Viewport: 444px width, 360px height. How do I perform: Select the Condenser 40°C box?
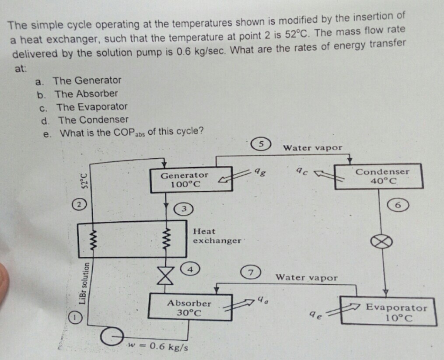point(379,176)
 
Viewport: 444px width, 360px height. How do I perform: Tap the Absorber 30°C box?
point(190,308)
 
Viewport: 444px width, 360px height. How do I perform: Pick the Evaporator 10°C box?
point(389,312)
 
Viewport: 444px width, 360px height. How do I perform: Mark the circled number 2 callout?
point(78,204)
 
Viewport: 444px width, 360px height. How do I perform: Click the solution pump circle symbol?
point(108,336)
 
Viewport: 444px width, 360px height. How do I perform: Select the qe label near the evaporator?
point(314,314)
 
